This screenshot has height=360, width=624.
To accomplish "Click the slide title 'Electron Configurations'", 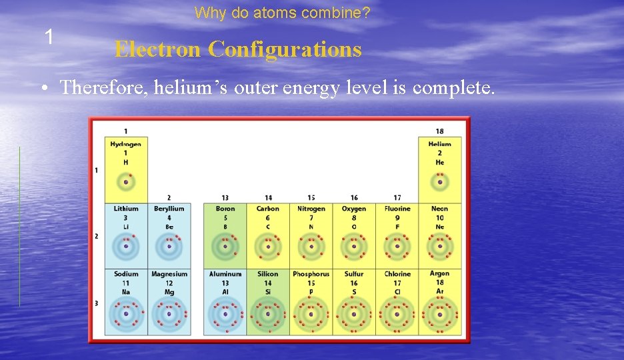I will click(238, 49).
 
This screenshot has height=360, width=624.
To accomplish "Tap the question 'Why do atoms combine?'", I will click(283, 13).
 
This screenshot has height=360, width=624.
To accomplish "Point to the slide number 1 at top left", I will click(49, 37).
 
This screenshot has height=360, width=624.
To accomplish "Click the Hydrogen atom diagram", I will click(125, 182).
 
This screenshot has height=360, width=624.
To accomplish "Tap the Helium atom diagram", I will click(439, 182).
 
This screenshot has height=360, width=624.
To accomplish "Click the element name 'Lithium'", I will click(126, 209).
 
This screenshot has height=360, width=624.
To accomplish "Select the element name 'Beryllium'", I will click(169, 209).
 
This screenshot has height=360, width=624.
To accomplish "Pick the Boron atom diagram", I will click(225, 247).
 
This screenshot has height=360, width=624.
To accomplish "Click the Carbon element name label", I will click(268, 209).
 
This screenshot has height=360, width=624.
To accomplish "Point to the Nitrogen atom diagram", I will click(311, 247).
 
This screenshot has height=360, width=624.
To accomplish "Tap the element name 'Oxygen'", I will click(354, 209).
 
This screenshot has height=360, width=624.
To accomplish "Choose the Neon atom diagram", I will click(439, 247).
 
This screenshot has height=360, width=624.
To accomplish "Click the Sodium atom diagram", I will click(126, 313).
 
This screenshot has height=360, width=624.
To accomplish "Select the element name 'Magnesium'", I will click(169, 274).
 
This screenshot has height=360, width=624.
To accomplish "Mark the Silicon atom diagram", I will click(268, 313).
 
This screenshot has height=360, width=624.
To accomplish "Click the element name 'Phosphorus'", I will click(311, 274).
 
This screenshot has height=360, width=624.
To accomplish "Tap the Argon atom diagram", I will click(439, 313).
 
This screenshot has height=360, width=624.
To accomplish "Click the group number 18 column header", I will click(439, 131).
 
